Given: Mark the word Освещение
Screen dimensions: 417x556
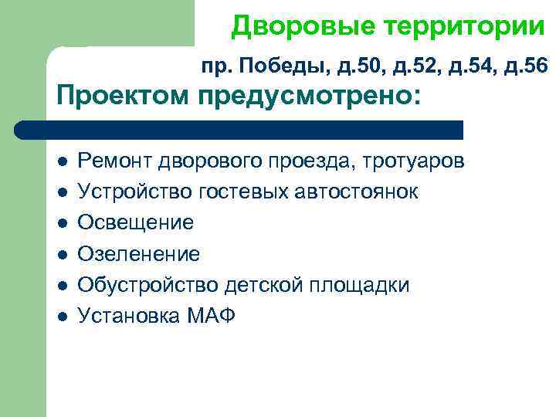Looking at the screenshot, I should point(136,222).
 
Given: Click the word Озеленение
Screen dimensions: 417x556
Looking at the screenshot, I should point(139,253).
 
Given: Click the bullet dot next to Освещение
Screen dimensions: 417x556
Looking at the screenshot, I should point(62,223).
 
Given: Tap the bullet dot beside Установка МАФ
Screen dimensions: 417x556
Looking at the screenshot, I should point(62,316).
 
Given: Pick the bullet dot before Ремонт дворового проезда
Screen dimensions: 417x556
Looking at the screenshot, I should point(62,161).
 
